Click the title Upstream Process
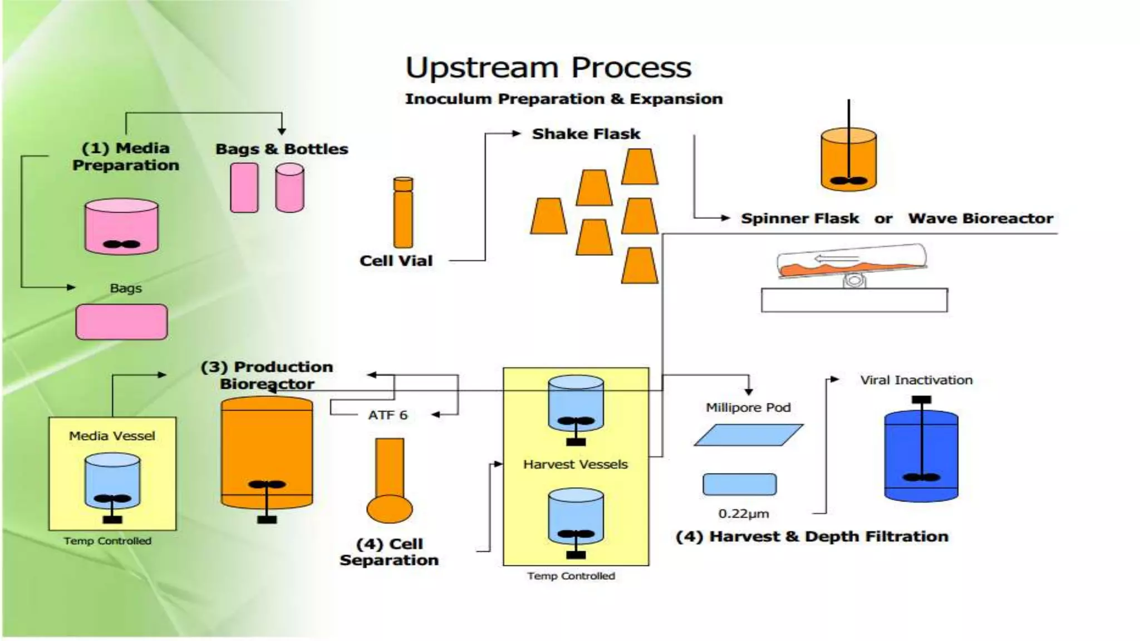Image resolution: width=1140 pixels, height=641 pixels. [548, 68]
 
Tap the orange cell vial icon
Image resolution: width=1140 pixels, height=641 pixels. [403, 213]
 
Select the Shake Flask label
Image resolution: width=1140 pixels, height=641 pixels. [586, 134]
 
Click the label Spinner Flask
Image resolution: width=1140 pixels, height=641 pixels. [799, 219]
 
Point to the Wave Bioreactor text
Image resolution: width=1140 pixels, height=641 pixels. [980, 219]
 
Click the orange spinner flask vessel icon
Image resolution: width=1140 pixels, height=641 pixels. [848, 160]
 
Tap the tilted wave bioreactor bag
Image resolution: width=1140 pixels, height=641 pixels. [852, 262]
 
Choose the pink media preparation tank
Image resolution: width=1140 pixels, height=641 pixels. [121, 227]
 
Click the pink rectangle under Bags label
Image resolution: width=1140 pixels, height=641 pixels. [121, 322]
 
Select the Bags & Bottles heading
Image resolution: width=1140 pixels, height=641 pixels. [282, 149]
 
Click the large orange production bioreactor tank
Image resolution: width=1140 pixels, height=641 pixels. [267, 452]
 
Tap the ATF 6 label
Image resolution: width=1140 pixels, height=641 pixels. [387, 415]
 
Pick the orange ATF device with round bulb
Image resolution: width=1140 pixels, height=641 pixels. [390, 481]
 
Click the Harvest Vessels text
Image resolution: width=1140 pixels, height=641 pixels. [575, 464]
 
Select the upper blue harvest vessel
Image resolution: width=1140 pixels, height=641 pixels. [576, 405]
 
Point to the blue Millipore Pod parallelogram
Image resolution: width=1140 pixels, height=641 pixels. [748, 435]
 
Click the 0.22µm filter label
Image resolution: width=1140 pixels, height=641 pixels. [743, 514]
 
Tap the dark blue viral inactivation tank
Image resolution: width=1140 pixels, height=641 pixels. [921, 455]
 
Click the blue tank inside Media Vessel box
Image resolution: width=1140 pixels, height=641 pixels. [112, 481]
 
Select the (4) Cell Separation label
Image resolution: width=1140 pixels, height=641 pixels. [389, 551]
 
